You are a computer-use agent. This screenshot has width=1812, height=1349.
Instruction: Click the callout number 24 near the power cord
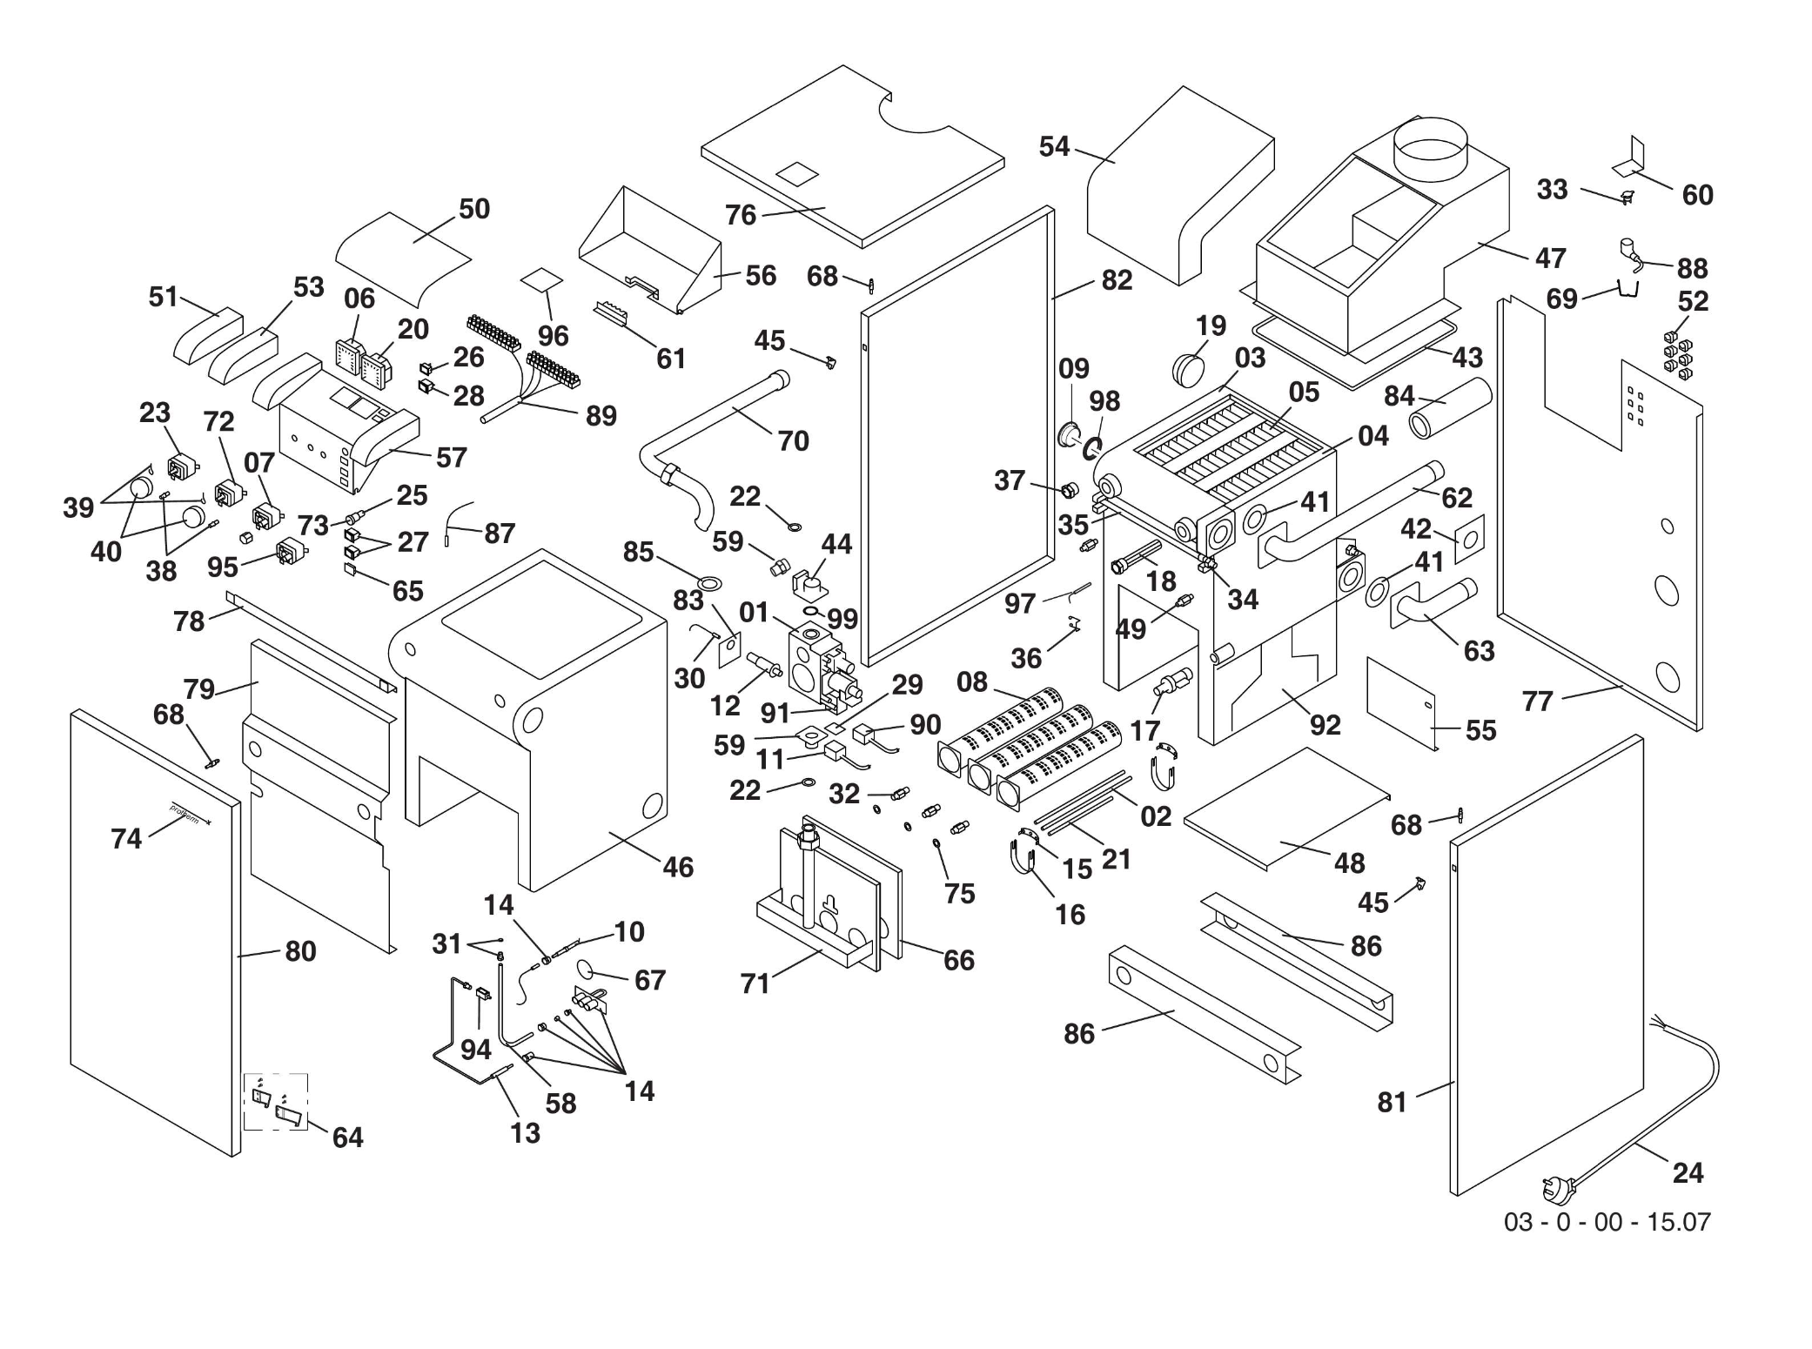pyautogui.click(x=1688, y=1172)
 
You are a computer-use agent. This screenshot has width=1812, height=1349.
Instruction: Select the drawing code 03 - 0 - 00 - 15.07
pyautogui.click(x=1607, y=1222)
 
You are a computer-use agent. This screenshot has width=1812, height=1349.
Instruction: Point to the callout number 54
pyautogui.click(x=1054, y=146)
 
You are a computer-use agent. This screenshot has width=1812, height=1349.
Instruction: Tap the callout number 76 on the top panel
pyautogui.click(x=741, y=215)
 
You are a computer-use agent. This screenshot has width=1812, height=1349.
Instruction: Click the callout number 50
pyautogui.click(x=474, y=209)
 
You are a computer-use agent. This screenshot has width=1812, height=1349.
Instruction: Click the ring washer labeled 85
pyautogui.click(x=708, y=581)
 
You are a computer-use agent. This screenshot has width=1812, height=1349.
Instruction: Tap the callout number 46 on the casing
pyautogui.click(x=678, y=867)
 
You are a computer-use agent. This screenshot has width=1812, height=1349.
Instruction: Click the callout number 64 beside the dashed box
pyautogui.click(x=347, y=1137)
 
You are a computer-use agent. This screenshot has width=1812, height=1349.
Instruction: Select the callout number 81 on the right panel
pyautogui.click(x=1392, y=1102)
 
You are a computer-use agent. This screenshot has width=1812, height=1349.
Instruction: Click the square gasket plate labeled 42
pyautogui.click(x=1469, y=540)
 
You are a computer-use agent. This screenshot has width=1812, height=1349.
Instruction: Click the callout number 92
pyautogui.click(x=1325, y=724)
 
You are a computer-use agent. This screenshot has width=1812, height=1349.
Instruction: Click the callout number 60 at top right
pyautogui.click(x=1697, y=195)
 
